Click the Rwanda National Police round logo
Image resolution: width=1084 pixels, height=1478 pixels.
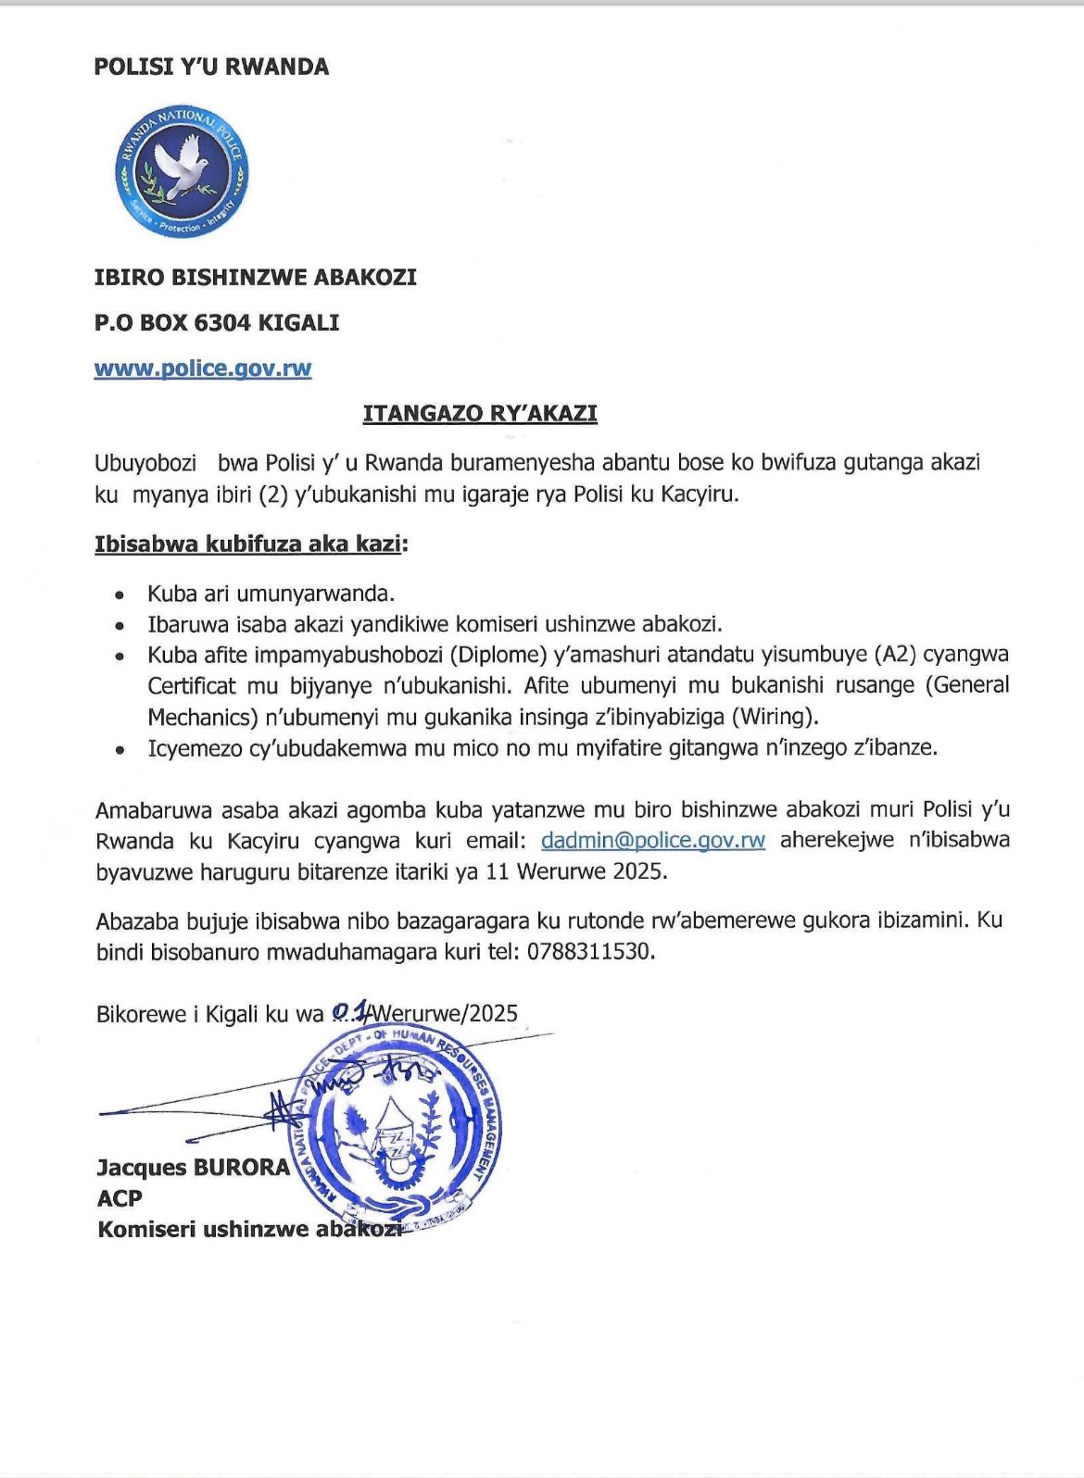click(182, 171)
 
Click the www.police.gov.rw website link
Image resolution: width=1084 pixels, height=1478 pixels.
click(203, 369)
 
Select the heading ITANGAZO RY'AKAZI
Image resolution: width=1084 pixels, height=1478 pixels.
click(480, 413)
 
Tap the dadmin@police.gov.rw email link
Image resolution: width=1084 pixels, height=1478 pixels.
click(653, 840)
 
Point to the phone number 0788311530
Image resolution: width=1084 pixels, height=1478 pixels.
click(590, 951)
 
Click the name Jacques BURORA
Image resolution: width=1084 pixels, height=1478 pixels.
click(193, 1167)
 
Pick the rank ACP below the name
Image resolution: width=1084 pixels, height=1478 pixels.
click(120, 1198)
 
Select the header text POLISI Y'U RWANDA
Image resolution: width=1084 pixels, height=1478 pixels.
click(211, 67)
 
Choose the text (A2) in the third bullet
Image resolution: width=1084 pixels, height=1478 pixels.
click(893, 655)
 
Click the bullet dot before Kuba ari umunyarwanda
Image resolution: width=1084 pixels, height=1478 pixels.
click(119, 595)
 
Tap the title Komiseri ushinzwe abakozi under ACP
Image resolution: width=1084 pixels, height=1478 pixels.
click(248, 1230)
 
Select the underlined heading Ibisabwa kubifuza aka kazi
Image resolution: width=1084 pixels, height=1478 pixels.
click(248, 544)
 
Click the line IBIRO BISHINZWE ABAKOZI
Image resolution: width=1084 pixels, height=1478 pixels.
click(256, 277)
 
